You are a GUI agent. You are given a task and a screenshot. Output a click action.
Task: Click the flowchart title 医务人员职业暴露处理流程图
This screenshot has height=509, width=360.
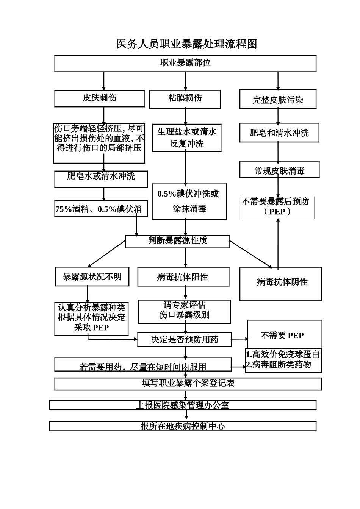pyautogui.click(x=186, y=44)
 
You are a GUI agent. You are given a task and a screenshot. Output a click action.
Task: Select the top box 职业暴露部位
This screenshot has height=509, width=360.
pyautogui.click(x=185, y=63)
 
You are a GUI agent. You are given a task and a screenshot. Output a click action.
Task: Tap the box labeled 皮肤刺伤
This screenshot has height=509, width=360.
pyautogui.click(x=99, y=98)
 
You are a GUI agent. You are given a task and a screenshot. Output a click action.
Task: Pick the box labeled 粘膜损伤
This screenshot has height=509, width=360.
pyautogui.click(x=185, y=99)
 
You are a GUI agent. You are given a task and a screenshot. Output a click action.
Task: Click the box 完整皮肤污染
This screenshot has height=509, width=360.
pyautogui.click(x=278, y=100)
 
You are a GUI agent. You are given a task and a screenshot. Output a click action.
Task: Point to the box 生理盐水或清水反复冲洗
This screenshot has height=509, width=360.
pyautogui.click(x=187, y=138)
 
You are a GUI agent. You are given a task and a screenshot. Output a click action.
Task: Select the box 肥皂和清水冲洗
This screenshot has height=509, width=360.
pyautogui.click(x=279, y=133)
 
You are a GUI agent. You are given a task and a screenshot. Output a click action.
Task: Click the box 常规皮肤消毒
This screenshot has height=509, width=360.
pyautogui.click(x=279, y=170)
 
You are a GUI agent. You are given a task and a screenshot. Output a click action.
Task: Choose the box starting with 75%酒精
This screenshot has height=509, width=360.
pyautogui.click(x=101, y=209)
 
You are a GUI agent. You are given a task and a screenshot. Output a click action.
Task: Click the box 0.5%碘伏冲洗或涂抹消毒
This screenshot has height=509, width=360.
pyautogui.click(x=189, y=201)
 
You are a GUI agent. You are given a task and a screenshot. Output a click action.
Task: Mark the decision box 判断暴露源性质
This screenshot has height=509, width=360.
pyautogui.click(x=177, y=241)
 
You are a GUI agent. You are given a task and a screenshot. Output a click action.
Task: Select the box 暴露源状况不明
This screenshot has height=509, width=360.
pyautogui.click(x=92, y=276)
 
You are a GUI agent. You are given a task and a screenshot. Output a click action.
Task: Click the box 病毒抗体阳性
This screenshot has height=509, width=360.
pyautogui.click(x=183, y=276)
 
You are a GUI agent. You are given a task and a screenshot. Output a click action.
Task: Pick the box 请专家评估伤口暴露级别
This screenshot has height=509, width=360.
pyautogui.click(x=184, y=311)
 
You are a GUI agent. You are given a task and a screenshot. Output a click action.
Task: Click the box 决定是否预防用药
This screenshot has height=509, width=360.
pyautogui.click(x=184, y=339)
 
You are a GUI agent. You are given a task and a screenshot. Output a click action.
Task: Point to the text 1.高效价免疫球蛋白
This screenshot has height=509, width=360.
pyautogui.click(x=283, y=354)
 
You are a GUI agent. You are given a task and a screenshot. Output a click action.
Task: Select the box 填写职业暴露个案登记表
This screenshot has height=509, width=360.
pyautogui.click(x=188, y=383)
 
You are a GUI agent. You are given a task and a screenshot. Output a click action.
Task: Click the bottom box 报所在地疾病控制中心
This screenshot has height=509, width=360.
pyautogui.click(x=183, y=426)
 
